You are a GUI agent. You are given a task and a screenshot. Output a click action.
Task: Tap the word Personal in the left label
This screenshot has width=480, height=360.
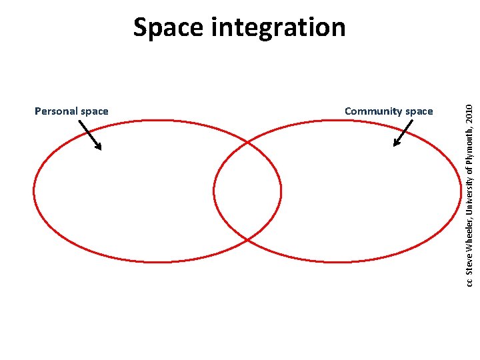(55, 111)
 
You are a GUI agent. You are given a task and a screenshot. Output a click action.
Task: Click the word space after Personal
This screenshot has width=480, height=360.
(94, 112)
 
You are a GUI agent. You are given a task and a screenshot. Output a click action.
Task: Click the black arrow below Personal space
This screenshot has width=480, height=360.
(90, 135)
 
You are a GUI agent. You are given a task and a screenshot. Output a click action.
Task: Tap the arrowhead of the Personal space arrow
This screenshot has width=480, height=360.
(99, 147)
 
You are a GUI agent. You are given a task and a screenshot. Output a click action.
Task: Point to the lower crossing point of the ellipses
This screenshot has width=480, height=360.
(247, 239)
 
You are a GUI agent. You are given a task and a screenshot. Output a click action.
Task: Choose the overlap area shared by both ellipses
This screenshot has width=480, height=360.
(247, 191)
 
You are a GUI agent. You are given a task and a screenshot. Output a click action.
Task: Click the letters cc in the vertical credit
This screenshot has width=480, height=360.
(469, 283)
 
